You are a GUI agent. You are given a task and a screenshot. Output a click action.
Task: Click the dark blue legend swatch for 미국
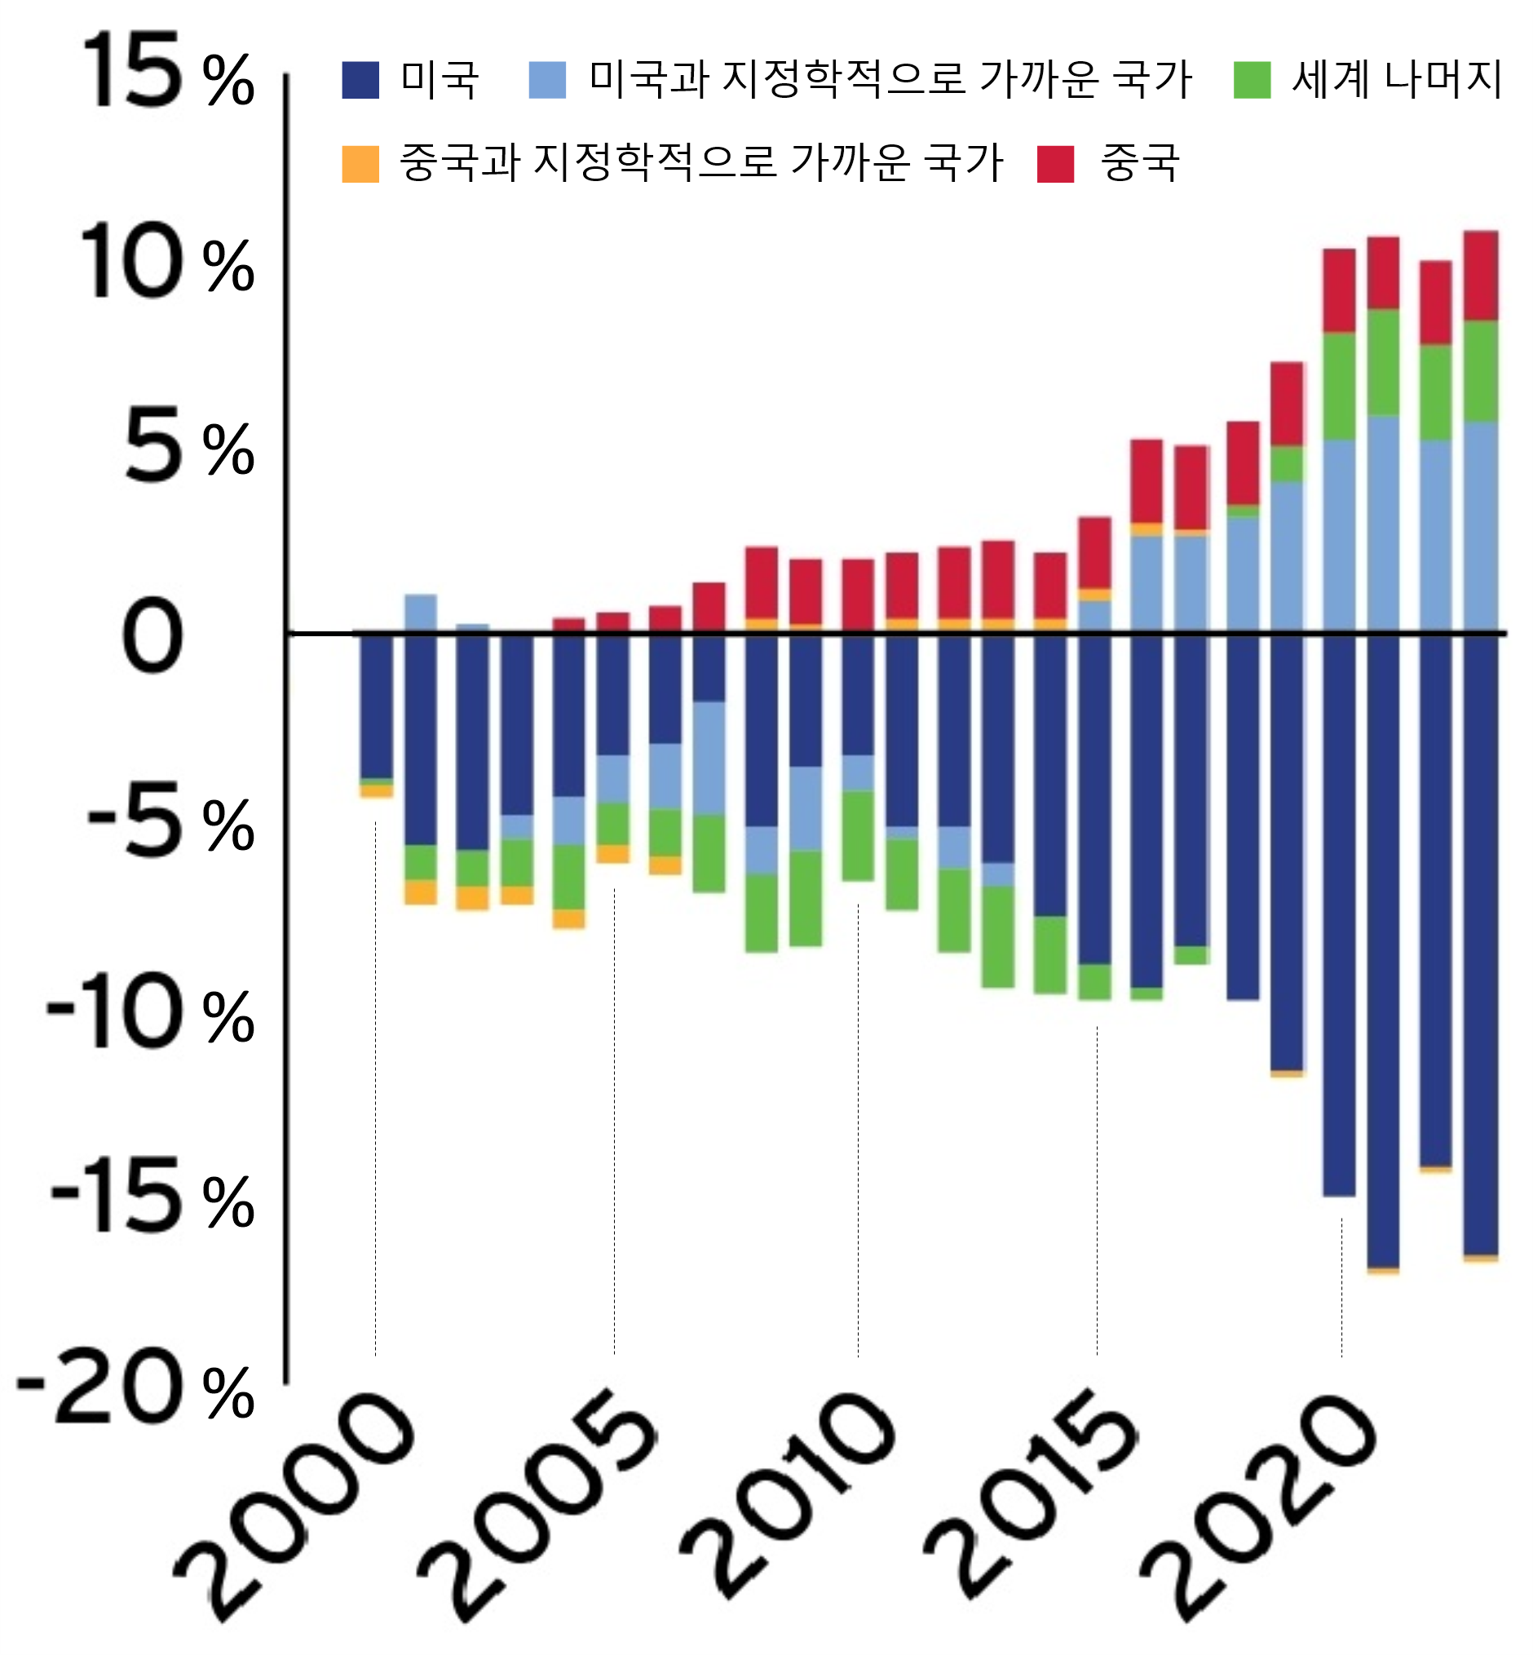(360, 81)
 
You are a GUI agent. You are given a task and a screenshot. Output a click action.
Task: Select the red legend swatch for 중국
(1055, 163)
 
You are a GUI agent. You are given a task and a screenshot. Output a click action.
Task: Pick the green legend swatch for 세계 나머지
(1252, 81)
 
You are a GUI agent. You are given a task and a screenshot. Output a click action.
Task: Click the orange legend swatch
(360, 163)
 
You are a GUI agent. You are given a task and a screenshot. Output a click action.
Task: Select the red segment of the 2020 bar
(1339, 290)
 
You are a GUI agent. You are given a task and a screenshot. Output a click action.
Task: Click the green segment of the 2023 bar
(1480, 371)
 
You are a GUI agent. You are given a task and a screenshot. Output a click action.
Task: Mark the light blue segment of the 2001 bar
(421, 613)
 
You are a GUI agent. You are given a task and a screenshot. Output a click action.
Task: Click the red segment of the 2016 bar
(1146, 480)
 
